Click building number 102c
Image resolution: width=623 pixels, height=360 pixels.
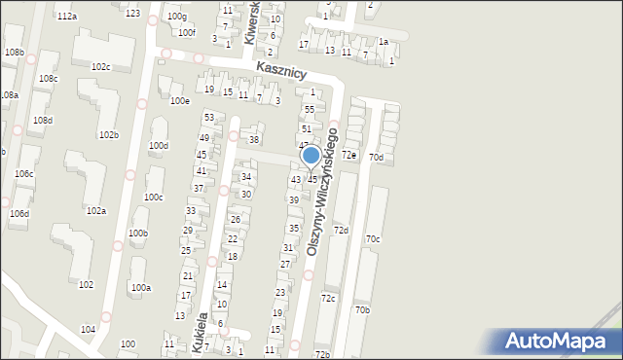100,67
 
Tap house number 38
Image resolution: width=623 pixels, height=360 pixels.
254,140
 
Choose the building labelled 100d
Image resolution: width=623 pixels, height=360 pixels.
158,146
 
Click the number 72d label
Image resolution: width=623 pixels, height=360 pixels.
341,230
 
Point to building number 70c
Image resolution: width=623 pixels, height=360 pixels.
373,238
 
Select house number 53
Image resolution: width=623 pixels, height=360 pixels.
207,118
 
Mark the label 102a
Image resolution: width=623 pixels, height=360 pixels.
95,210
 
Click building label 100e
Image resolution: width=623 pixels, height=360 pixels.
179,101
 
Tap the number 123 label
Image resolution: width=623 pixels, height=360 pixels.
132,14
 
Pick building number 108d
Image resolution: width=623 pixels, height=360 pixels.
42,121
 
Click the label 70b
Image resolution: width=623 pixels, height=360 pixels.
362,309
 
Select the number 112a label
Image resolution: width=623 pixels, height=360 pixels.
66,18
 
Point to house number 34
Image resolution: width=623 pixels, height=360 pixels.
247,177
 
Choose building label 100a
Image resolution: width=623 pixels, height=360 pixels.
141,288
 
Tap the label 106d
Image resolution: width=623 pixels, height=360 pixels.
19,213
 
